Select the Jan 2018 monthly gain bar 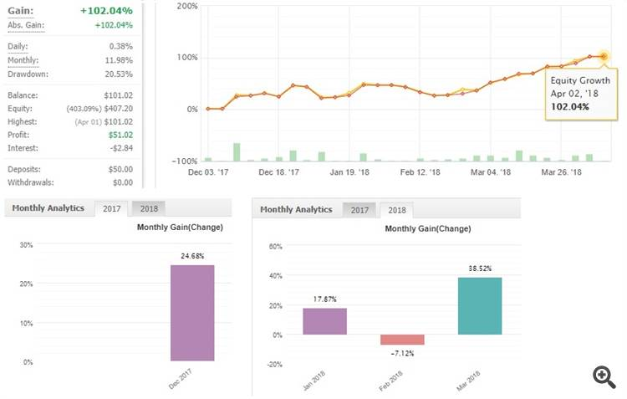click(x=324, y=321)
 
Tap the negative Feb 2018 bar click(x=402, y=340)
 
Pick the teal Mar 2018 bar click(x=479, y=306)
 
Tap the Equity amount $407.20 click(x=117, y=109)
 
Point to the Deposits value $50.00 click(x=118, y=169)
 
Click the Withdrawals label click(x=30, y=182)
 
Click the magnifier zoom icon click(x=604, y=376)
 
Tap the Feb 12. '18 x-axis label click(x=419, y=172)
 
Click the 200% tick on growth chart click(x=186, y=6)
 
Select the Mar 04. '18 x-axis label click(x=491, y=172)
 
